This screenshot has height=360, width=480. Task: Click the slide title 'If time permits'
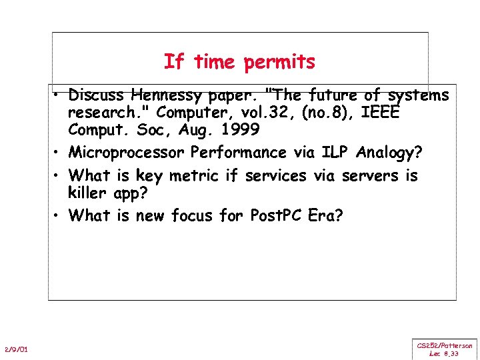click(x=239, y=62)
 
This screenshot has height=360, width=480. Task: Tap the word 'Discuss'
click(x=98, y=95)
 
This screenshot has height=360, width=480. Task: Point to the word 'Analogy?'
click(x=389, y=153)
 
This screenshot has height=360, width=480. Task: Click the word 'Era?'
click(x=325, y=216)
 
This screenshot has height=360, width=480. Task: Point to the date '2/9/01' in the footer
click(x=16, y=349)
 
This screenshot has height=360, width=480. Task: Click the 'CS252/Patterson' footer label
click(x=445, y=345)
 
